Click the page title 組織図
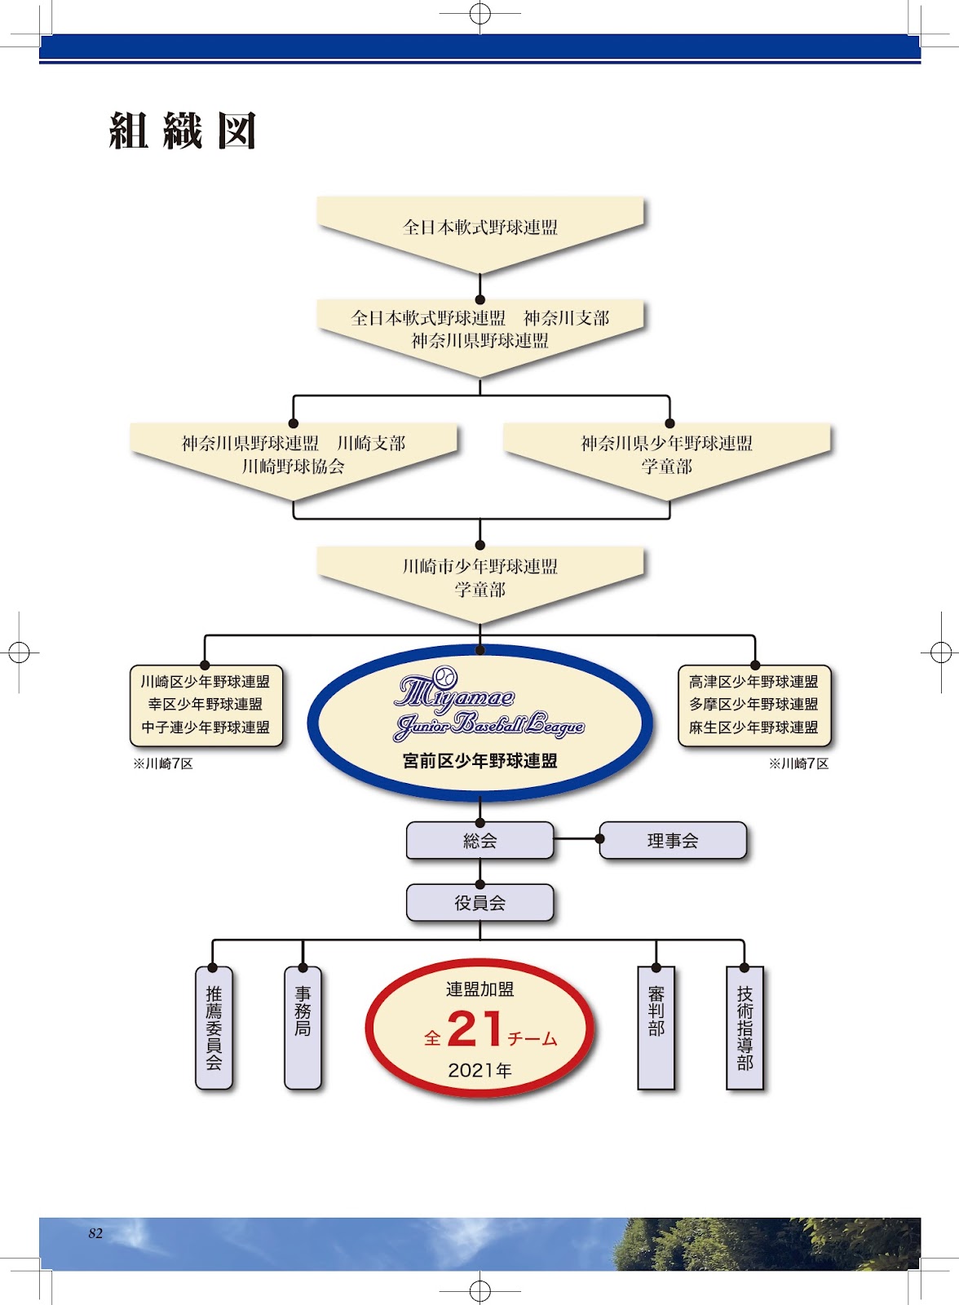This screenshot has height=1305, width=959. pos(183,130)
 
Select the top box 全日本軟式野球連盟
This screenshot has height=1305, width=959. pos(479,228)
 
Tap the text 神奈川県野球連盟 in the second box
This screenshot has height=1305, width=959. pos(479,341)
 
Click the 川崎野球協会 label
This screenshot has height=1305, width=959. pos(293,467)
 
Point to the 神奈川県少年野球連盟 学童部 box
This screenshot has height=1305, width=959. pos(666,454)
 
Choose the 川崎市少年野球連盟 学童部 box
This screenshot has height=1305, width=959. pos(479,577)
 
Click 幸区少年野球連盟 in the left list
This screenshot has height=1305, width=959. pos(205,705)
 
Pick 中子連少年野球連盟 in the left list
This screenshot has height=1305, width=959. pos(205,728)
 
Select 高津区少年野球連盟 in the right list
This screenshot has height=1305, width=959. pos(753,682)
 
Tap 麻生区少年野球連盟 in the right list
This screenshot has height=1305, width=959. pos(753,728)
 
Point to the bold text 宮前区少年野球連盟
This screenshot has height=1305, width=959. pos(479,761)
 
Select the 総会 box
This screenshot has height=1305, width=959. pos(479,841)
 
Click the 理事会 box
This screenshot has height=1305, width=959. pos(673,841)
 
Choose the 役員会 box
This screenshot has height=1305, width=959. pos(479,903)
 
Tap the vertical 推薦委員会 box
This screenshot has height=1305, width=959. pos(214,1028)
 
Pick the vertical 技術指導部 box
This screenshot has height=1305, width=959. pos(745,1028)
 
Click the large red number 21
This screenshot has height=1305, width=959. pos(475,1030)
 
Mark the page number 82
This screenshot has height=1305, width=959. pos(95,1233)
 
